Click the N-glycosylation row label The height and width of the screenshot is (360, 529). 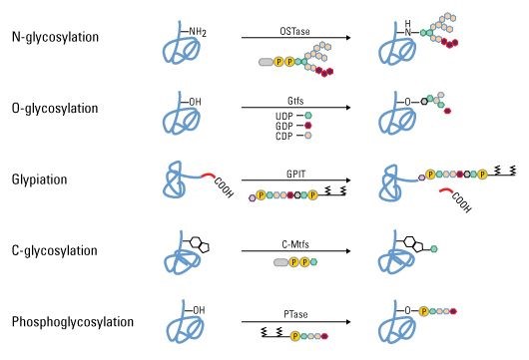tap(55, 37)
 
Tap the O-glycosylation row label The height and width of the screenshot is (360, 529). tap(55, 109)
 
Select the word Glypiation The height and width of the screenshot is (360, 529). tap(40, 180)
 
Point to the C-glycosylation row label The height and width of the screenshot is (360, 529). tap(55, 250)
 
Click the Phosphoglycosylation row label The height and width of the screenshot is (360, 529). tap(73, 322)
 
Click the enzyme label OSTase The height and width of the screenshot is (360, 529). tap(294, 31)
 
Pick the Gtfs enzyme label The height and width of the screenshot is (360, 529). tap(295, 101)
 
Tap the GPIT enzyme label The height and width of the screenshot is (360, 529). tap(295, 174)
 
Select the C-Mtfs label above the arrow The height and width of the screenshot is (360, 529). tap(295, 244)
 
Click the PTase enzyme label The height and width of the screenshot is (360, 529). tap(295, 314)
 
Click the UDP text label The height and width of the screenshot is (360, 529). tap(284, 117)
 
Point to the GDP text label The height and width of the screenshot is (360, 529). tap(284, 126)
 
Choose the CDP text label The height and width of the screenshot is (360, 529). tap(284, 136)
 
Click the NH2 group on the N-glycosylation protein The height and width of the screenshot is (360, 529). tap(198, 32)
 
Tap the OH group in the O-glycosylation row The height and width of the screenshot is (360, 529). tap(195, 102)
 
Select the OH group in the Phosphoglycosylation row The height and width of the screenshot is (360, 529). tap(199, 310)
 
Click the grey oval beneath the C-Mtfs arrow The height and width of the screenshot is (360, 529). tap(280, 262)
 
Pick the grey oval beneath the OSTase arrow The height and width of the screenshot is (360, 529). tap(265, 62)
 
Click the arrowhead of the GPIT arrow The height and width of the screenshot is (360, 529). tap(347, 180)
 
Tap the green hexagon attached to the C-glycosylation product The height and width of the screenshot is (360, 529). tap(434, 249)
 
